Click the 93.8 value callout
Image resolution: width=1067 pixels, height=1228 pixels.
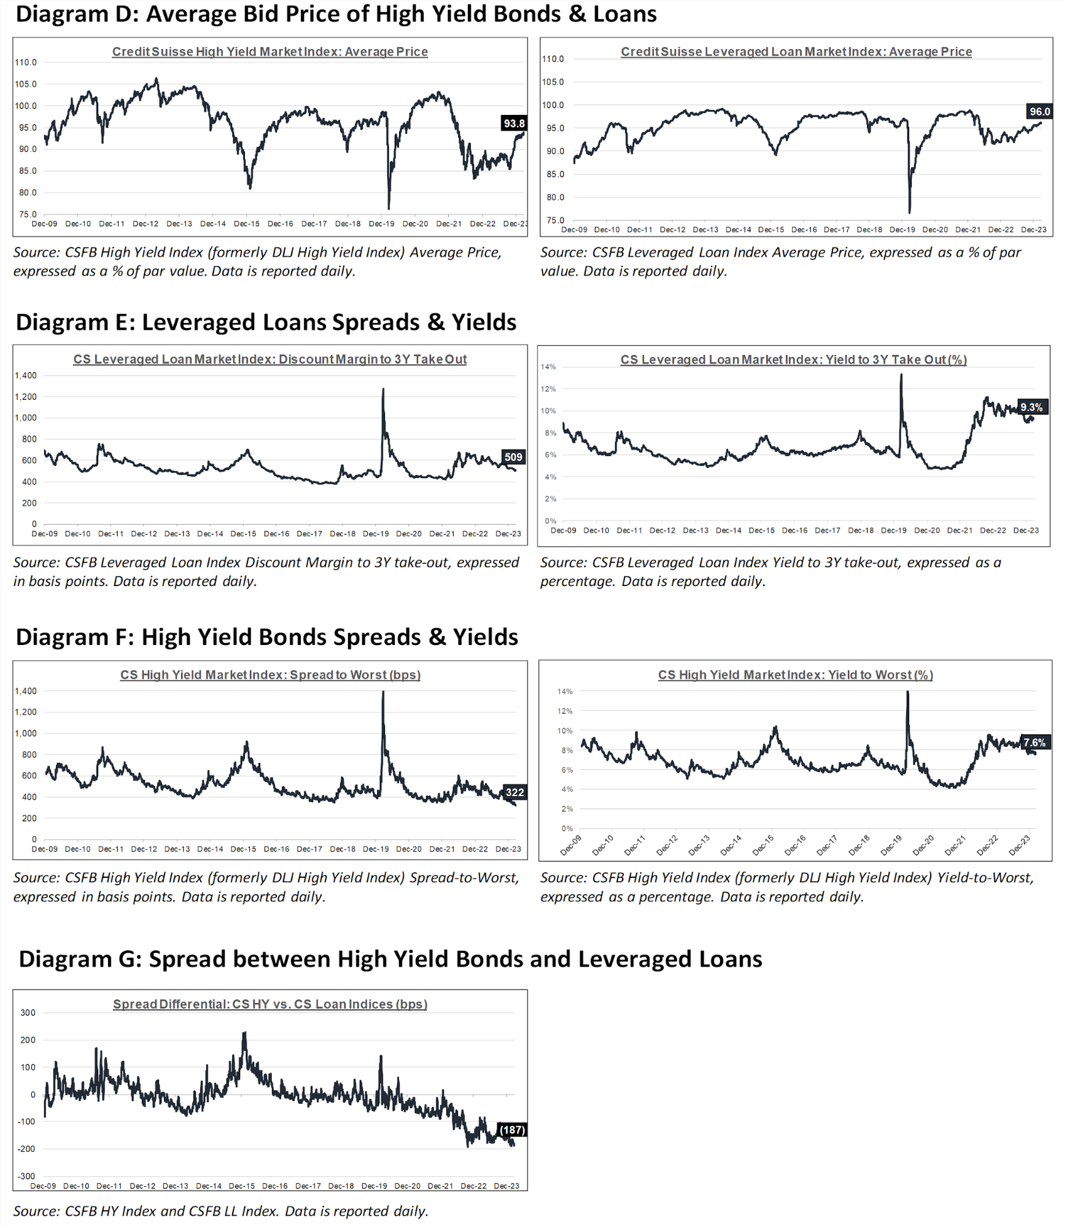(514, 123)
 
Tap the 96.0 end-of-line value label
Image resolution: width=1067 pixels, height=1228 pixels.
(1039, 111)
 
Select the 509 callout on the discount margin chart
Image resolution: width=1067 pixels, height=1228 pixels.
(513, 457)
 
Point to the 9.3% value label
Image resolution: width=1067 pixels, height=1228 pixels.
(1031, 407)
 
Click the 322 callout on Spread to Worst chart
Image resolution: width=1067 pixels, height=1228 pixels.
(514, 792)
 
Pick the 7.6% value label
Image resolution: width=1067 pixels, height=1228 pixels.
(1034, 743)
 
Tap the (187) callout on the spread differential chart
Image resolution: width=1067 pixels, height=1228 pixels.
(512, 1130)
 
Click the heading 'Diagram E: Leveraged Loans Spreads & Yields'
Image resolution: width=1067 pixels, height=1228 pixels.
(266, 322)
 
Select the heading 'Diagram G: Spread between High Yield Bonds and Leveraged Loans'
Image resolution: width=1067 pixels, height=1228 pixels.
(390, 959)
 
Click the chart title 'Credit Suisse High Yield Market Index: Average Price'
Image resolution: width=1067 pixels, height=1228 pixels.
(270, 52)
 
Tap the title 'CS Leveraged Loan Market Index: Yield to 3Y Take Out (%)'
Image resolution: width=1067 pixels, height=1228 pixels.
(793, 359)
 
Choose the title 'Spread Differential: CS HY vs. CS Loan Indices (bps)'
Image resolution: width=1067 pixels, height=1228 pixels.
(270, 1004)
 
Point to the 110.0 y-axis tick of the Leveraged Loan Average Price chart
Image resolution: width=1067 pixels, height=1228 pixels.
(553, 59)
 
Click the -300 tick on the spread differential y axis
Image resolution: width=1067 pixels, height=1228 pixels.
(26, 1176)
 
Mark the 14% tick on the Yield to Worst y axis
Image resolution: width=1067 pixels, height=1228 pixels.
(565, 691)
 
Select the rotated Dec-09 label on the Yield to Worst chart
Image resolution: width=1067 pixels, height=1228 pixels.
(571, 845)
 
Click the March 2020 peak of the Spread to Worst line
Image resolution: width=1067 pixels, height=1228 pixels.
(383, 692)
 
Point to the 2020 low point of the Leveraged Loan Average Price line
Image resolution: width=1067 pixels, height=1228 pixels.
(909, 213)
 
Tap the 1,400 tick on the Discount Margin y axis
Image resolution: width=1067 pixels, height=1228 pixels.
(26, 375)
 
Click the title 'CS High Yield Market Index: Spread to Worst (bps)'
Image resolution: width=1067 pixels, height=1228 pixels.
(270, 675)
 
